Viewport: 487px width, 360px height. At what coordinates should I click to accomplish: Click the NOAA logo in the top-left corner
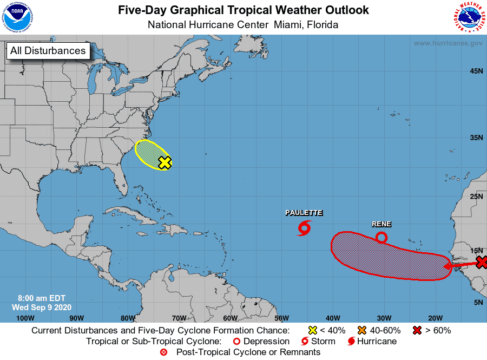tap(18, 17)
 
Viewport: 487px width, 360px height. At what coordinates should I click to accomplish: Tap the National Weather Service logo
tap(469, 17)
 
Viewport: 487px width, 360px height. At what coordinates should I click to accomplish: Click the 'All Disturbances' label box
tap(48, 51)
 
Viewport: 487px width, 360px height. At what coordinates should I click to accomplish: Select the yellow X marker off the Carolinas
tap(165, 162)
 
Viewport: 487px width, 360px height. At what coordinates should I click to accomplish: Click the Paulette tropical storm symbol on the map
tap(304, 228)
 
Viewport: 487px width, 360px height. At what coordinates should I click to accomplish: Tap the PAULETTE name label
tap(304, 213)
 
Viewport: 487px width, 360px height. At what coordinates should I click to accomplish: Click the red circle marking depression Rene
tap(381, 237)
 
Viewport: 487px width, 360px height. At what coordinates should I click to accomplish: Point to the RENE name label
tap(381, 224)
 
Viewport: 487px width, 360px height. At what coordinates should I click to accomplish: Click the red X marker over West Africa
tap(482, 263)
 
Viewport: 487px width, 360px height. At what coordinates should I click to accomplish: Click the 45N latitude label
tap(476, 71)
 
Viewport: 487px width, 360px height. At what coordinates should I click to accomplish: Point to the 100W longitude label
tap(25, 318)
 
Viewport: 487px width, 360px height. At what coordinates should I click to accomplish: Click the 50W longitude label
tap(281, 318)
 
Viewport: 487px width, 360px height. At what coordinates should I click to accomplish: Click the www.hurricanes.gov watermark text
tap(448, 43)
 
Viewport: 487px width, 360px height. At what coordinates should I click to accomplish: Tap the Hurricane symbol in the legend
tap(352, 342)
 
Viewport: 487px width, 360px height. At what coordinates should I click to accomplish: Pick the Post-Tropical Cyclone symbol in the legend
tap(163, 352)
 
